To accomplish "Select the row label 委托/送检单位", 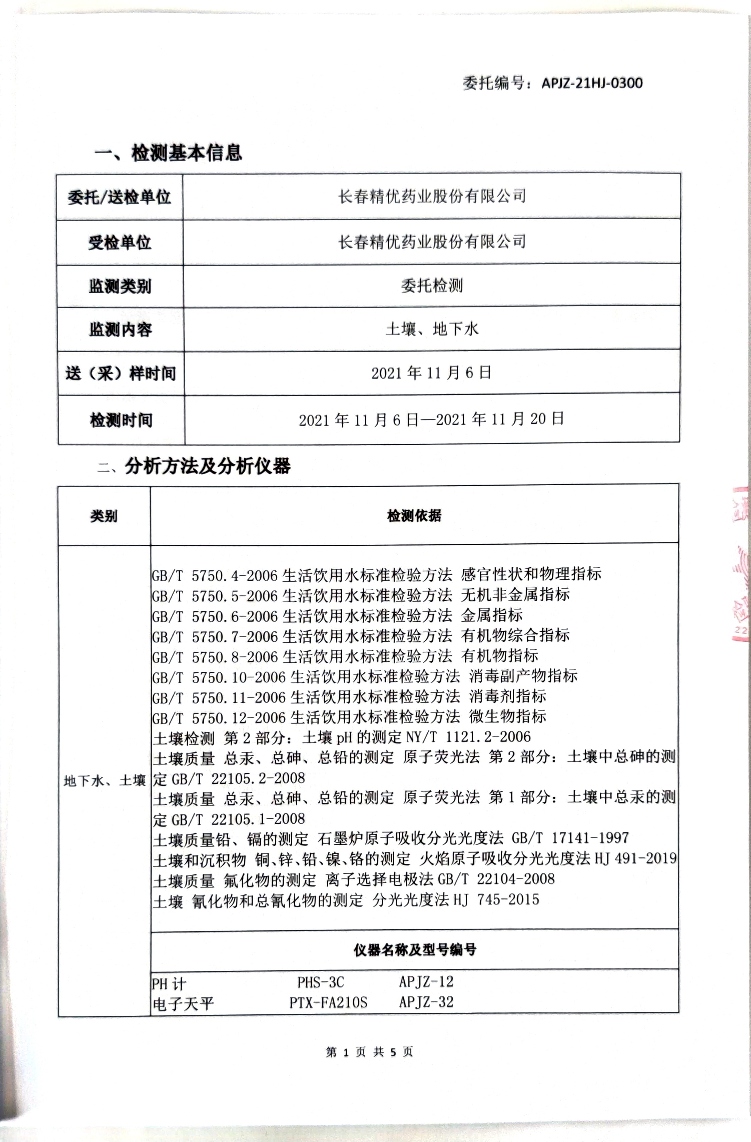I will [119, 197].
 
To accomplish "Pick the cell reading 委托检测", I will [431, 285].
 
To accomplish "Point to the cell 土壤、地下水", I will [431, 329].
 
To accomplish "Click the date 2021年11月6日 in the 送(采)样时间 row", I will [431, 373].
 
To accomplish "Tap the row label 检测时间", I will [121, 420].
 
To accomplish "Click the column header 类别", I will [104, 516].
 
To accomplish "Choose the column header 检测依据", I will [414, 516].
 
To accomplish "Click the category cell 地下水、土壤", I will [104, 781].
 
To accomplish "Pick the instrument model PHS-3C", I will [320, 982].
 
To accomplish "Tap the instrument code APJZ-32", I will [426, 1002].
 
